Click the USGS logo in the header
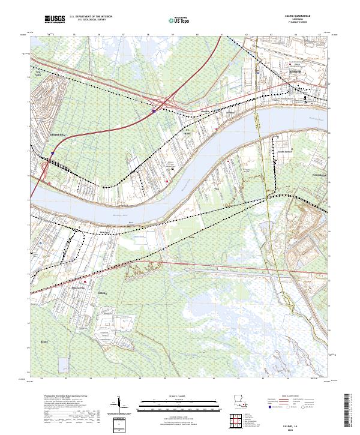(55, 20)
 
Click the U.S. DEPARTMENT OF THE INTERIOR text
(91, 17)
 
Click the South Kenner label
(283, 151)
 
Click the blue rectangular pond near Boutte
(63, 365)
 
